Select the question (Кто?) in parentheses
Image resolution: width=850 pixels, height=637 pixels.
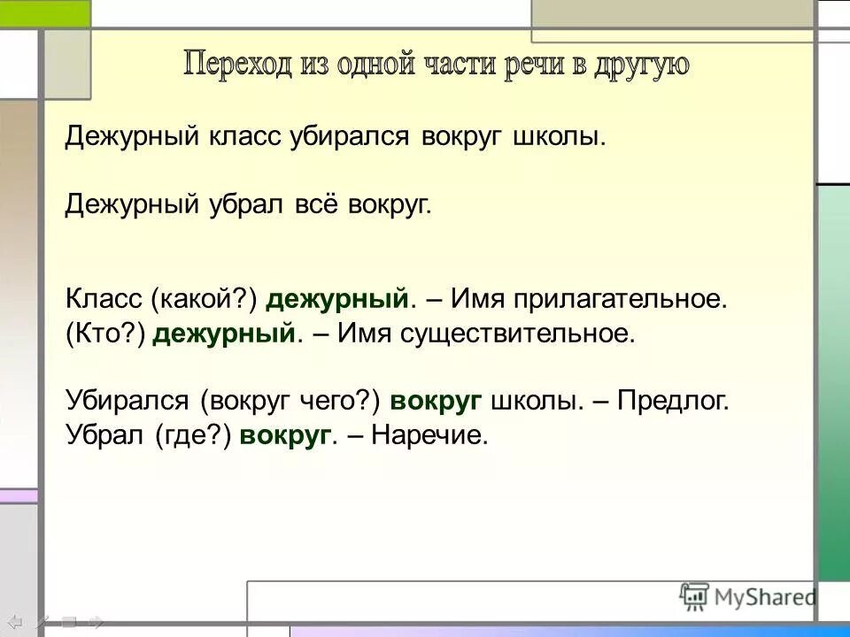105,333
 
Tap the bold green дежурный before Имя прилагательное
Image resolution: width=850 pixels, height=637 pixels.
336,299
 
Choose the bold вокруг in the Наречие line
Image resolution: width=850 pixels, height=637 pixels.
284,434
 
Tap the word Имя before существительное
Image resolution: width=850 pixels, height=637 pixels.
361,333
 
